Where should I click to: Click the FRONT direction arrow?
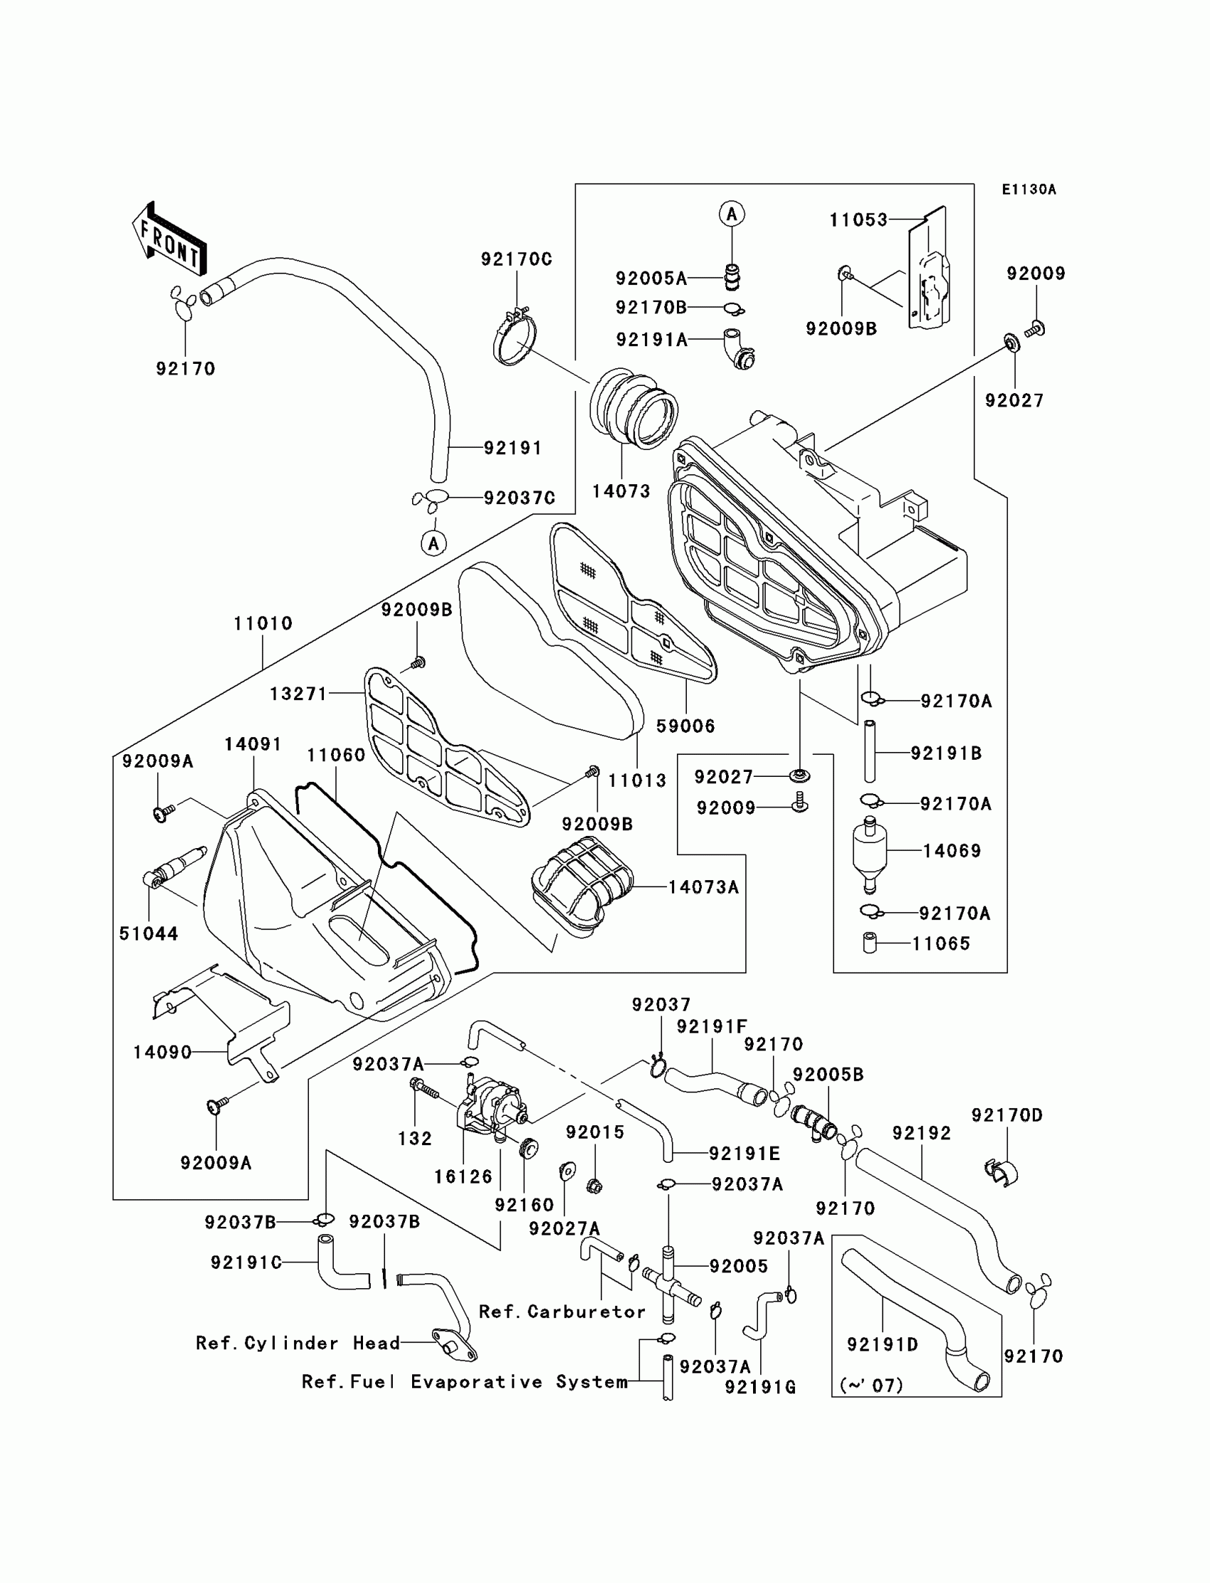click(169, 238)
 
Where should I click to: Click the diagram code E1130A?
click(1028, 189)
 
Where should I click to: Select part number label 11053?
click(858, 220)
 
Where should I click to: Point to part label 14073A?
click(704, 887)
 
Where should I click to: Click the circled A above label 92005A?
click(732, 214)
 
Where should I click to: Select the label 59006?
click(685, 726)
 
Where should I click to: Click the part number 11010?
click(263, 623)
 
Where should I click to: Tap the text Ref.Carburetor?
click(562, 1312)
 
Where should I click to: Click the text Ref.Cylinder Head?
click(298, 1343)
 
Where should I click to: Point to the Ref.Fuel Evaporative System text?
click(465, 1382)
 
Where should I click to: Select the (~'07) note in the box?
click(871, 1385)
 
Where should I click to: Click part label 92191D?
click(883, 1344)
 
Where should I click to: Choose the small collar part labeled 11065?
click(870, 943)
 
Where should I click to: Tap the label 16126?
click(463, 1176)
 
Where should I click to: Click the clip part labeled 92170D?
click(1001, 1172)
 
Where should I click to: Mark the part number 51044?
click(148, 933)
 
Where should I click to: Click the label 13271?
click(299, 694)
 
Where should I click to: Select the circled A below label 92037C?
click(433, 543)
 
